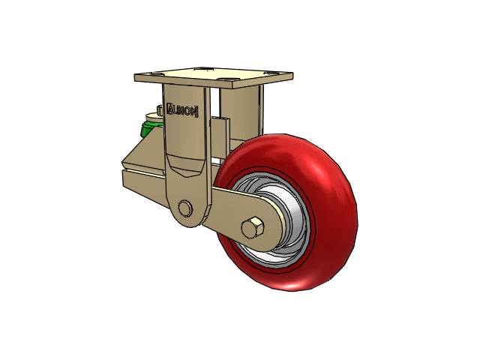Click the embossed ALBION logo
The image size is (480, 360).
click(x=182, y=110)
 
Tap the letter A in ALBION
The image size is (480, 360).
click(x=170, y=109)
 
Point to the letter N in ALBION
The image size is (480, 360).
click(x=194, y=112)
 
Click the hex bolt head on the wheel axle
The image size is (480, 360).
click(x=253, y=228)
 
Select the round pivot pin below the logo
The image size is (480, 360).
click(x=184, y=208)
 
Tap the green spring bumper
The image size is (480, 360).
click(x=149, y=128)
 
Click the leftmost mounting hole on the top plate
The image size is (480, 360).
click(x=157, y=73)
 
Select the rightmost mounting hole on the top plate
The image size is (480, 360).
click(x=271, y=73)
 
